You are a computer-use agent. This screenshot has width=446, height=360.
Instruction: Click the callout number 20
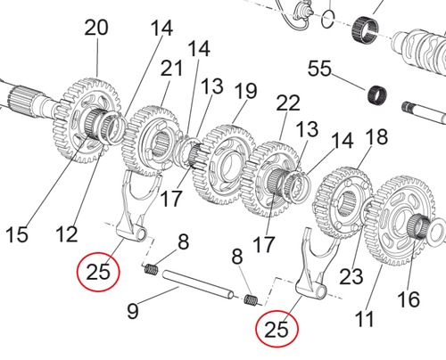tap(95, 29)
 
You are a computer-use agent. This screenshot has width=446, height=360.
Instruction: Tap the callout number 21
tap(172, 69)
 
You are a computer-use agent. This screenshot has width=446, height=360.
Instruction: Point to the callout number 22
tap(287, 103)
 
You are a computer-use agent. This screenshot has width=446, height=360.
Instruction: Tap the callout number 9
tap(133, 311)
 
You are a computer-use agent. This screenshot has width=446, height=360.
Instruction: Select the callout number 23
tap(352, 277)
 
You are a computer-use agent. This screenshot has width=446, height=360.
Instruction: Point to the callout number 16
tap(409, 300)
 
